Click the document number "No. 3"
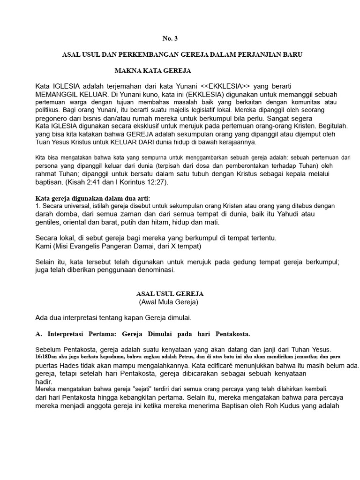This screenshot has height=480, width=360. coord(171,38)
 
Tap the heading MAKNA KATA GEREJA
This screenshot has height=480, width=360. coord(153,71)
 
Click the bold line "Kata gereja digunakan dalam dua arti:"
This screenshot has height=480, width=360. coord(93,198)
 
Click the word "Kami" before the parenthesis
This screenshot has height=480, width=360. coord(43,246)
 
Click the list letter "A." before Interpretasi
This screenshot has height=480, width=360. coord(39,334)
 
